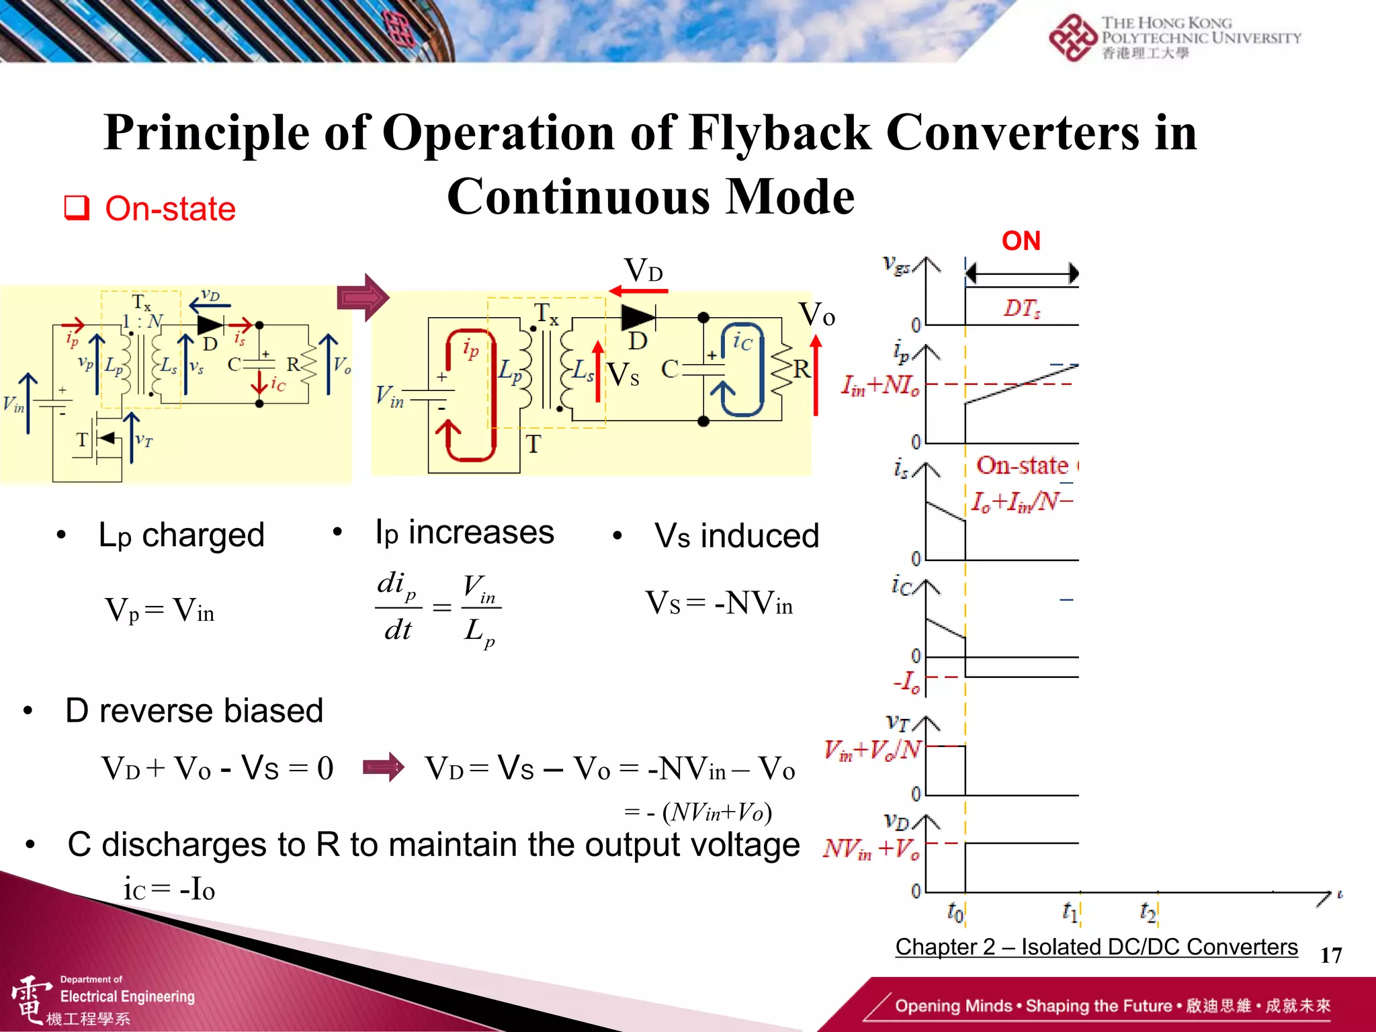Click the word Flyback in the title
[779, 133]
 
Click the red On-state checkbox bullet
[77, 208]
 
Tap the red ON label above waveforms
[1021, 241]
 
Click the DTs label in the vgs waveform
[1022, 308]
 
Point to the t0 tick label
[955, 912]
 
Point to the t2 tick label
[1148, 912]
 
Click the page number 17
[1330, 955]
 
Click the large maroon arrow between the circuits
[363, 297]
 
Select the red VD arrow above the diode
[638, 291]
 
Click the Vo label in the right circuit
[816, 314]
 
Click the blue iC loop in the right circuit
[742, 370]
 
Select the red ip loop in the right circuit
[470, 396]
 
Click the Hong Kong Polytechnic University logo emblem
[1072, 37]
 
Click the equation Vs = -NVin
[719, 603]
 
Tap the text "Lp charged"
[181, 535]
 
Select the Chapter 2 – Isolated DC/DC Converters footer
[1096, 946]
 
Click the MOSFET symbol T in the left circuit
[101, 440]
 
